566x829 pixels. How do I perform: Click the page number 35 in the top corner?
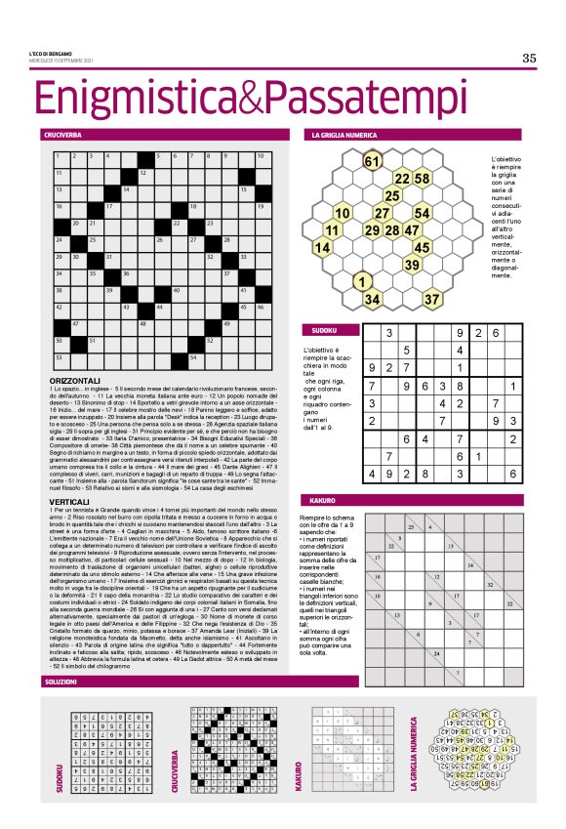click(x=529, y=58)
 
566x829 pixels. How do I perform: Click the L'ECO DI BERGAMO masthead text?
click(x=52, y=53)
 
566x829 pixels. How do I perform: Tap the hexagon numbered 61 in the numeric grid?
click(x=372, y=161)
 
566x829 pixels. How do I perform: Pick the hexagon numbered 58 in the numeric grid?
click(x=423, y=179)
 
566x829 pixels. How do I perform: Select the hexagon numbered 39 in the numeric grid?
click(x=413, y=265)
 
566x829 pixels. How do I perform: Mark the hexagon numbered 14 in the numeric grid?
click(x=321, y=248)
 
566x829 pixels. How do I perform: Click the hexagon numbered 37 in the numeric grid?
click(x=432, y=299)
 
